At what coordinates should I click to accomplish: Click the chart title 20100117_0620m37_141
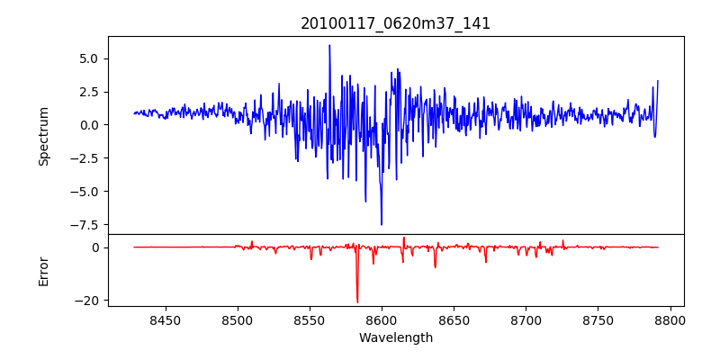point(395,23)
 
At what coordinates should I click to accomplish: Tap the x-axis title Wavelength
point(395,338)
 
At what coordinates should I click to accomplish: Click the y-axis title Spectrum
point(43,136)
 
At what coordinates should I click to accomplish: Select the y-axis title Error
point(43,270)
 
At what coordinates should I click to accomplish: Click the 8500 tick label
point(237,320)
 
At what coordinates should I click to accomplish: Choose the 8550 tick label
point(309,320)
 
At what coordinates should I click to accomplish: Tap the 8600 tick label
point(382,320)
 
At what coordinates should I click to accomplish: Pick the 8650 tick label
point(454,320)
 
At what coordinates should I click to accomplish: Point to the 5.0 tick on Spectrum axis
point(88,58)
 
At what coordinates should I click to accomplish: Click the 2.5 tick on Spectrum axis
point(88,92)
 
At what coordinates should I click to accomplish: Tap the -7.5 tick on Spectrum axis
point(85,225)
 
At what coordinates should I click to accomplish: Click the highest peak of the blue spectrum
point(329,45)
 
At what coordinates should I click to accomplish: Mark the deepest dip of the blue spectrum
point(382,224)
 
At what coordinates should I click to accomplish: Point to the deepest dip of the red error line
point(357,302)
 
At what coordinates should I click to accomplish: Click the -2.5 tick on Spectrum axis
point(85,158)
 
